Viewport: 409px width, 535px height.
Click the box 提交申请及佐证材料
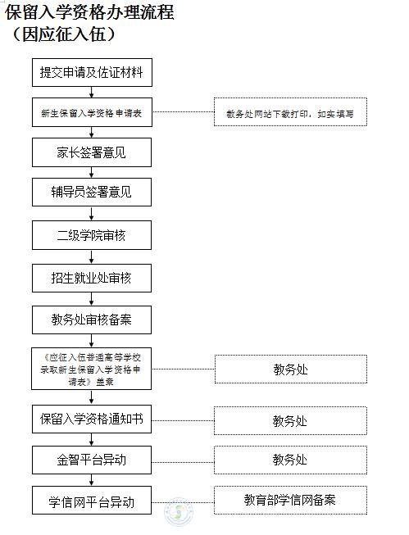click(x=92, y=72)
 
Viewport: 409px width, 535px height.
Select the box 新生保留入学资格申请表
click(x=92, y=112)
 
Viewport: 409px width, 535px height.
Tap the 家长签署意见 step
click(x=92, y=152)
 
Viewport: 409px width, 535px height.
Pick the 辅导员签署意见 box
click(x=92, y=192)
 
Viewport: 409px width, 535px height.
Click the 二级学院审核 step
click(x=92, y=235)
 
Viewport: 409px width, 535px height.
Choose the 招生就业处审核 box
click(x=92, y=278)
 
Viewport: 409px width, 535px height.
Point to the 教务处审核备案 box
click(x=92, y=320)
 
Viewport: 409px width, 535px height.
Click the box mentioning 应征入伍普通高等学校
click(x=91, y=369)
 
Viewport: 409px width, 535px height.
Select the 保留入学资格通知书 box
click(x=92, y=419)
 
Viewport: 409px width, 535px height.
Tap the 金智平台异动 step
click(x=92, y=460)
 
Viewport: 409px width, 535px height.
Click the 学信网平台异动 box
click(x=92, y=501)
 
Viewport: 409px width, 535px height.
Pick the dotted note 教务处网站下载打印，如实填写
click(x=290, y=112)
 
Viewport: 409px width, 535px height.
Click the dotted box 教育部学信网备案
click(x=290, y=501)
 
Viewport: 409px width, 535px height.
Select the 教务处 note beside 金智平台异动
click(x=290, y=460)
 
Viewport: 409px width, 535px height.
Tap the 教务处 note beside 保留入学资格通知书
click(x=290, y=420)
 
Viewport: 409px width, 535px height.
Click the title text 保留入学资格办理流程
click(x=90, y=12)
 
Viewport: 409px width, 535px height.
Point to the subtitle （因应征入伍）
click(x=64, y=34)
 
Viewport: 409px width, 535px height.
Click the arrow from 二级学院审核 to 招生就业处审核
click(x=92, y=256)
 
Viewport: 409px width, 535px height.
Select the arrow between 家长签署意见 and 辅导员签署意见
click(x=92, y=172)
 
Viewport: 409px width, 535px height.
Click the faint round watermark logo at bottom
click(x=179, y=511)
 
